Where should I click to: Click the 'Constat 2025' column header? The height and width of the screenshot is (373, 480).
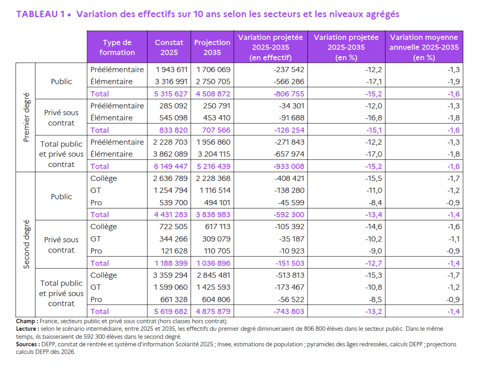169,47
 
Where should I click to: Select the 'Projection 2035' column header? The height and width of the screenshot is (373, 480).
212,47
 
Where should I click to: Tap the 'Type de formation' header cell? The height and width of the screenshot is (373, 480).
117,47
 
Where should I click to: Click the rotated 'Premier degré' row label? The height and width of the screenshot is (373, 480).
27,118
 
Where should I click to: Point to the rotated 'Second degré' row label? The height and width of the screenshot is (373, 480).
27,244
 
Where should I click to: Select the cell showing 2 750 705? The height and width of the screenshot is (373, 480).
212,82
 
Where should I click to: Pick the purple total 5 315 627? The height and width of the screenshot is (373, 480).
169,94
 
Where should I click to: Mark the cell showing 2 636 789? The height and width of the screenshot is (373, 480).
169,178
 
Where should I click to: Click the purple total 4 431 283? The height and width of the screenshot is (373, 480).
169,215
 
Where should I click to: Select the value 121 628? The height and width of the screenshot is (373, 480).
174,251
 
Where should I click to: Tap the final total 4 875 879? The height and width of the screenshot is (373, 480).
212,311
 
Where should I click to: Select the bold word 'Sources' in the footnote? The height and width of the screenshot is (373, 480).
27,344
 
